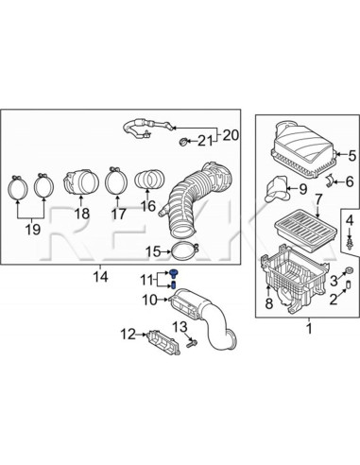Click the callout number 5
click(x=346, y=156)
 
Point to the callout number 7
click(x=319, y=200)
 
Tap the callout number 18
click(x=81, y=215)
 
